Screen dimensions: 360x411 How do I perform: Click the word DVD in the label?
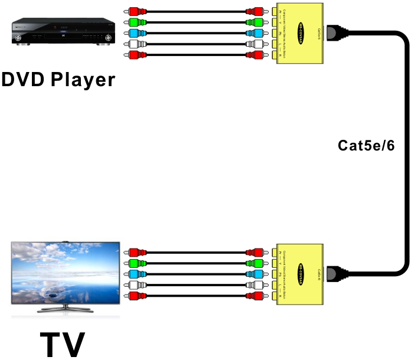[x=24, y=78]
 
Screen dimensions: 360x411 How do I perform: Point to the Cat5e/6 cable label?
[x=366, y=145]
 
